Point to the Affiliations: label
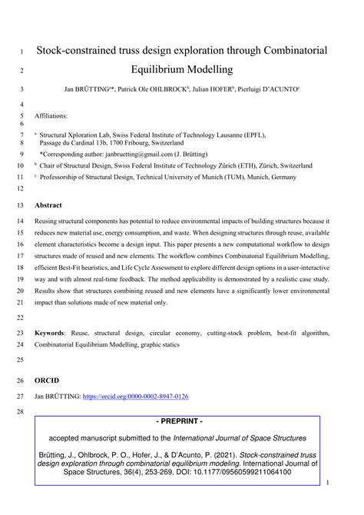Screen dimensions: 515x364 pyautogui.click(x=51, y=116)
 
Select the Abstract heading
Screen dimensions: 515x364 pyautogui.click(x=48, y=205)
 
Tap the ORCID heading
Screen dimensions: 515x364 pyautogui.click(x=46, y=380)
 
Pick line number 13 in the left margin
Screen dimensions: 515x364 pyautogui.click(x=18, y=205)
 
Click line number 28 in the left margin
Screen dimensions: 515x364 pyautogui.click(x=18, y=412)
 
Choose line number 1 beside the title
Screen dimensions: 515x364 pyautogui.click(x=20, y=51)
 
